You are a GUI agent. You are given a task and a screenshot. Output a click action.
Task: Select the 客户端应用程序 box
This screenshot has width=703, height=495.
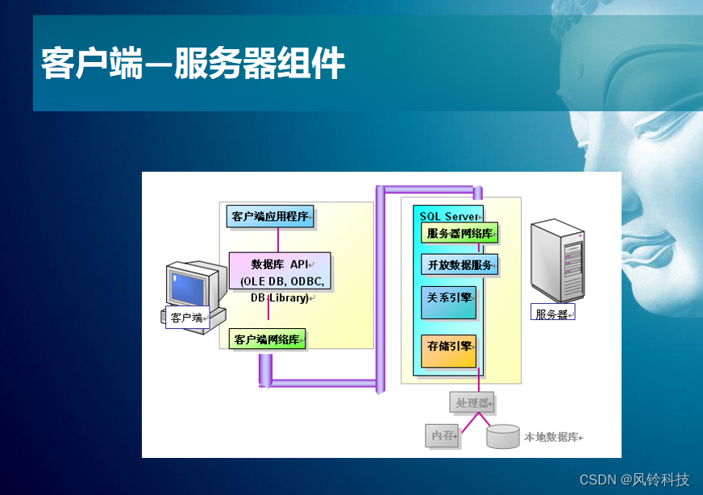[x=270, y=216]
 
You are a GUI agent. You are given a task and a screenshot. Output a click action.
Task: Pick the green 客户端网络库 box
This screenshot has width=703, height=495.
[x=268, y=339]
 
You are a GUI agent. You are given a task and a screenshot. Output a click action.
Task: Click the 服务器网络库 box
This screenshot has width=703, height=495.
[x=460, y=233]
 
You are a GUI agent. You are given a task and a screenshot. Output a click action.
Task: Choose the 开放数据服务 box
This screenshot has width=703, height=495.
[x=460, y=264]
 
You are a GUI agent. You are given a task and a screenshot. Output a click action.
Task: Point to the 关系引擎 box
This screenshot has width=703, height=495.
[x=449, y=302]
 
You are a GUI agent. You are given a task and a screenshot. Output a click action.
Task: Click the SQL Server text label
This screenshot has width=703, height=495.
[x=448, y=216]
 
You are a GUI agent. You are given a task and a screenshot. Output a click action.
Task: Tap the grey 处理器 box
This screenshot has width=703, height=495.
[x=472, y=402]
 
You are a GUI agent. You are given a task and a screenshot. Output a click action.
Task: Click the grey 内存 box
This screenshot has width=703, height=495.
[x=442, y=435]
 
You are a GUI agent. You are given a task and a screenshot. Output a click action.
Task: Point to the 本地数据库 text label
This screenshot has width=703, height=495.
[x=552, y=437]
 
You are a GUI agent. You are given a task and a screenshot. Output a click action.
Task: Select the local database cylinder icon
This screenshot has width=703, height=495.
[x=503, y=436]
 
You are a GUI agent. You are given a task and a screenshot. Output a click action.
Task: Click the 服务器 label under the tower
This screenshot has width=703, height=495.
[x=552, y=314]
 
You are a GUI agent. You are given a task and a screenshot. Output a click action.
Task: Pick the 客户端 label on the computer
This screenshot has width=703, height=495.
[x=187, y=318]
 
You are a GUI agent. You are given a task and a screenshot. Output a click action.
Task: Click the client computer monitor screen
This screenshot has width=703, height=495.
[x=189, y=285]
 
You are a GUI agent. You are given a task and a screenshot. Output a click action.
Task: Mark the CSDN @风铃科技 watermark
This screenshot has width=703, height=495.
[x=634, y=480]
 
